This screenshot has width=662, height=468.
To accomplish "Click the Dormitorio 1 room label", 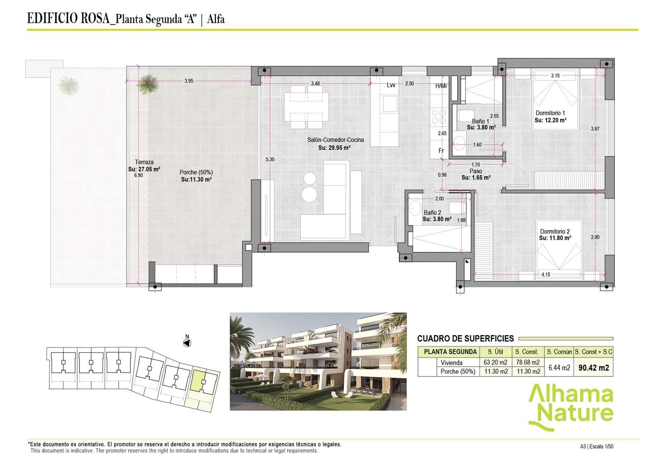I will click(550, 113).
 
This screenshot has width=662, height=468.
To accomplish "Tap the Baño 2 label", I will click(432, 212).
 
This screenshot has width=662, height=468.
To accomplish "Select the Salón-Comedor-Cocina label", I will click(335, 140).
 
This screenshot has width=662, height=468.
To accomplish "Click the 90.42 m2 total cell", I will click(593, 367).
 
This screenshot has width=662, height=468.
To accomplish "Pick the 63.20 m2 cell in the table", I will click(495, 362).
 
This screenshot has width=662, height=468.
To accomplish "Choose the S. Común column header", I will click(559, 352).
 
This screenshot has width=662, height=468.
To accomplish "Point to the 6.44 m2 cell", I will click(559, 367).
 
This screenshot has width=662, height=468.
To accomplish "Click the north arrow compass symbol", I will click(187, 343).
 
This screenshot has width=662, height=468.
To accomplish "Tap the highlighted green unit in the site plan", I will click(198, 381).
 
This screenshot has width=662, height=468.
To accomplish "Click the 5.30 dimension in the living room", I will click(270, 159).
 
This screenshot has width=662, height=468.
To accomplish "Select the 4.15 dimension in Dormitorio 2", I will click(546, 274).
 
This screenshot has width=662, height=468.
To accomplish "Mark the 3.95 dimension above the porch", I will click(189, 81).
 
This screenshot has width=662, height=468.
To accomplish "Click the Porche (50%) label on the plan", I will click(196, 172).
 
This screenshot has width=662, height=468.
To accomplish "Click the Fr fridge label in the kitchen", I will click(441, 151).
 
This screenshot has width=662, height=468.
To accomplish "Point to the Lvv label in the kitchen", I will click(391, 85).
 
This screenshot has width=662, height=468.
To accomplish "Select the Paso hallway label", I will click(475, 171).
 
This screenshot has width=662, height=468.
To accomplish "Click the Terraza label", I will click(144, 162).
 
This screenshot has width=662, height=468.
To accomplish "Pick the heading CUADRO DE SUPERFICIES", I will click(465, 338).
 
